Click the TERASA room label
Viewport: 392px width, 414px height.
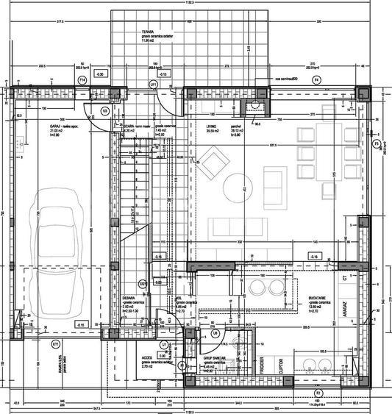151,33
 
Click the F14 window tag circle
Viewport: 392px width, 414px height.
82,78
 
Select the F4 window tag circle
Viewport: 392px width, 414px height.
317,78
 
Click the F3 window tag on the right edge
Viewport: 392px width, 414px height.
376,145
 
